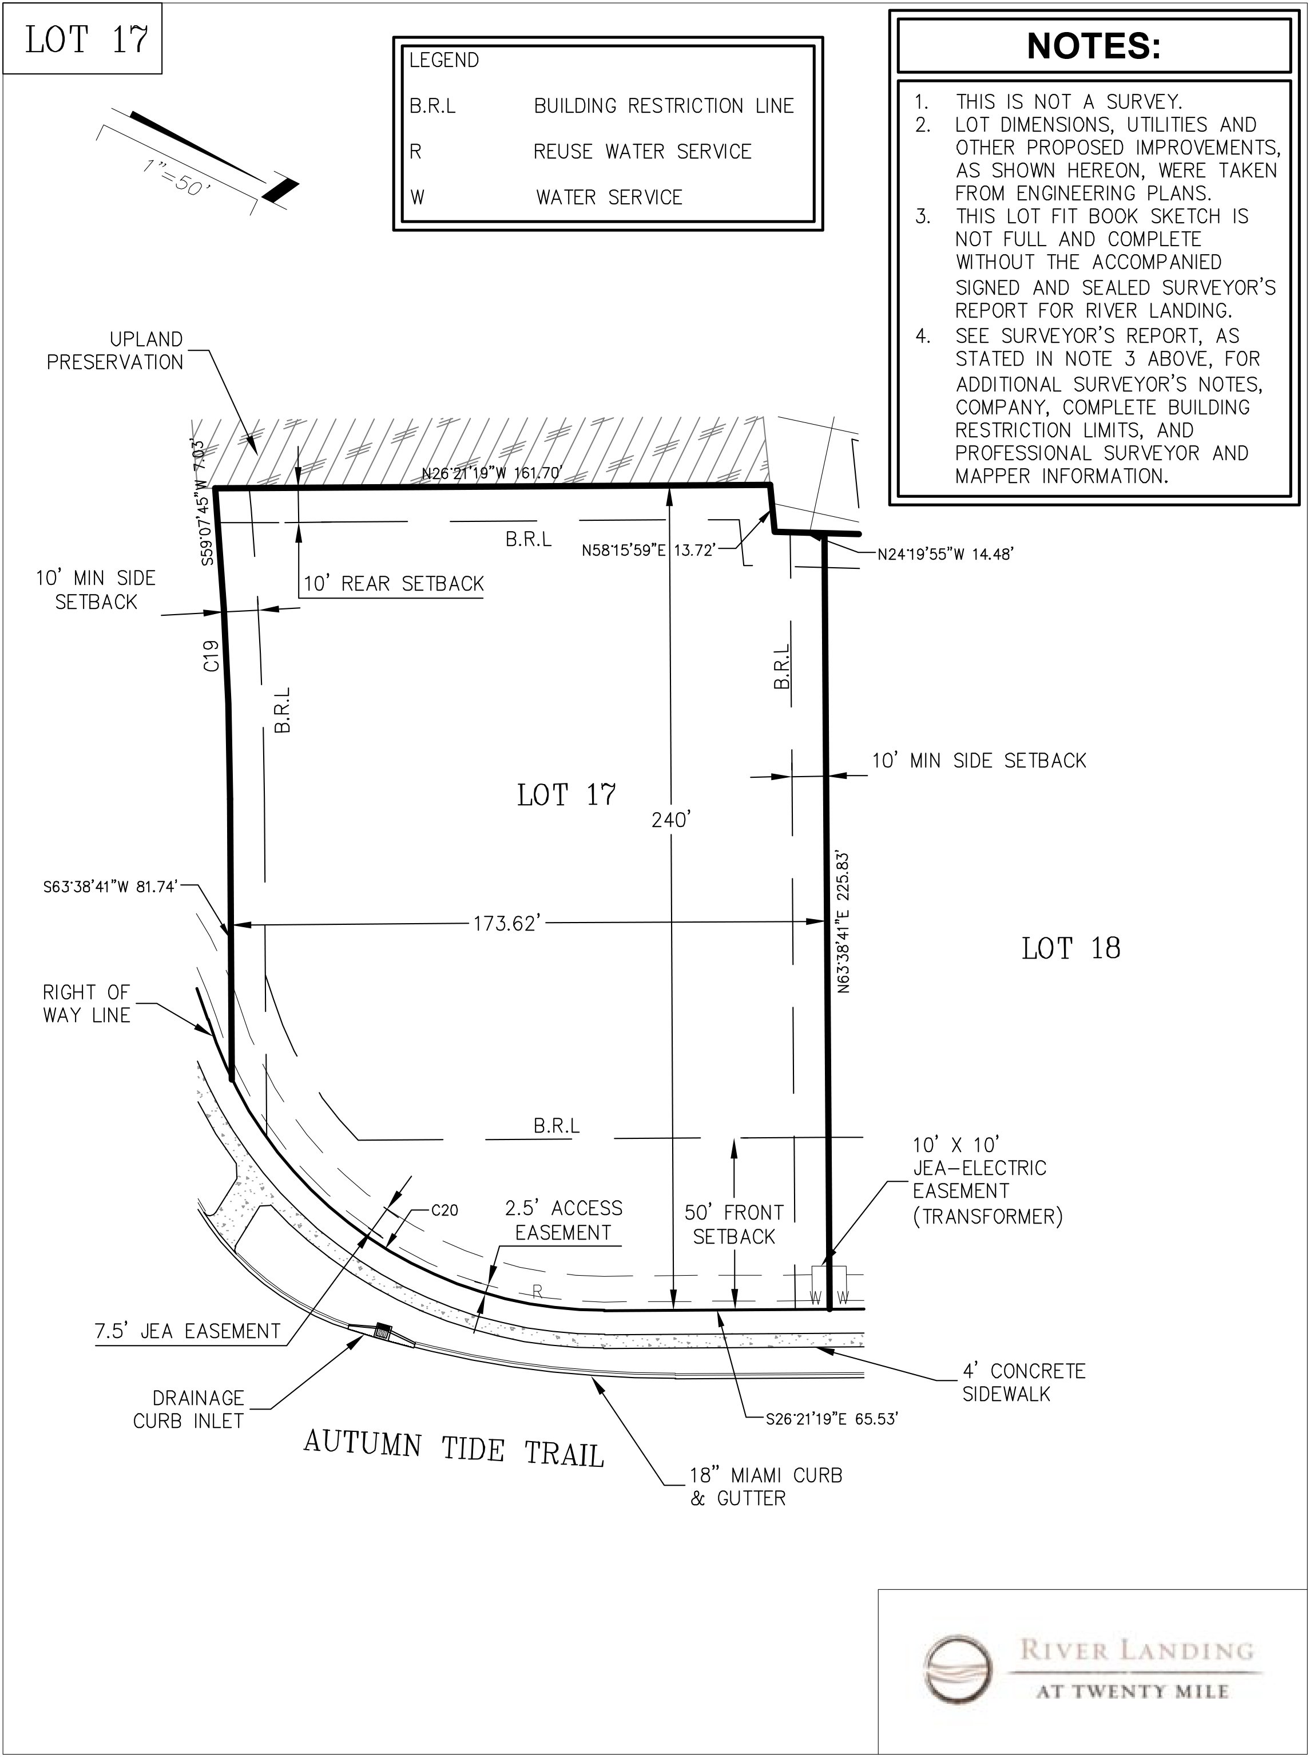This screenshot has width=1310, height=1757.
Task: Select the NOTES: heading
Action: [1094, 46]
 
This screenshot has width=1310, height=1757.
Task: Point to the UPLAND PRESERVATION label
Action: [115, 351]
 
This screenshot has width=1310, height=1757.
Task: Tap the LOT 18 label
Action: [1070, 949]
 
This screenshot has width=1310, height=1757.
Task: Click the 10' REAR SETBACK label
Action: [394, 584]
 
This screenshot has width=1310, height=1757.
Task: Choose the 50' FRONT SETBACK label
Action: [733, 1225]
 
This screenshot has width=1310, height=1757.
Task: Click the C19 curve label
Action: [211, 656]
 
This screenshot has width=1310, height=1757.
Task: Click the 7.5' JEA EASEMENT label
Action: [188, 1331]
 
